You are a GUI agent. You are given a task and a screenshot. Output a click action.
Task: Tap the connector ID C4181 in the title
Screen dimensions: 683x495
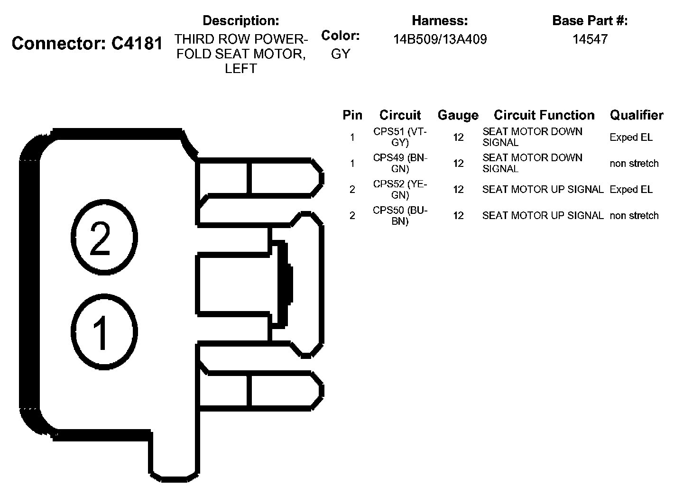tap(137, 44)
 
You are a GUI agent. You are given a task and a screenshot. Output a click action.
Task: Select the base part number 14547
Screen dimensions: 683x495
tap(590, 39)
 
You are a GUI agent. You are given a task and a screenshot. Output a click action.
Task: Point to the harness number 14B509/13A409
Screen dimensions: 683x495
tap(440, 39)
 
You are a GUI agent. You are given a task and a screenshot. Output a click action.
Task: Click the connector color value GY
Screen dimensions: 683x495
tap(340, 54)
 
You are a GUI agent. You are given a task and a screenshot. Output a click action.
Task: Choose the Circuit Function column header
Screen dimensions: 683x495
tap(544, 115)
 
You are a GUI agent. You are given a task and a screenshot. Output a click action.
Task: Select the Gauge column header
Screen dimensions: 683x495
tap(458, 115)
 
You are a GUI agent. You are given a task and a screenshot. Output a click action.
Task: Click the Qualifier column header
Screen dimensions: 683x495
tap(637, 115)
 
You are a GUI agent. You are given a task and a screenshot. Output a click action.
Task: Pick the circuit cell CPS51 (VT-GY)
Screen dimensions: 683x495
tap(400, 137)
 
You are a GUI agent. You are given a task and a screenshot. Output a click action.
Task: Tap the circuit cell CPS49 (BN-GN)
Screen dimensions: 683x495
tap(400, 163)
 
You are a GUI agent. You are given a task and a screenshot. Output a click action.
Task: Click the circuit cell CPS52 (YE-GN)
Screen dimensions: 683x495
tap(400, 189)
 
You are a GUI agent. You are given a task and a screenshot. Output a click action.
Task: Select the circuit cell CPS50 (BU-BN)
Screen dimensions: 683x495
tap(400, 215)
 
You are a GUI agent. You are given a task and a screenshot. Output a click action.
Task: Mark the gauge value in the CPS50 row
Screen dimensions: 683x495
tap(458, 215)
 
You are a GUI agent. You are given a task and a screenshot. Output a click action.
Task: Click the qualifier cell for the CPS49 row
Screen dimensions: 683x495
tap(634, 164)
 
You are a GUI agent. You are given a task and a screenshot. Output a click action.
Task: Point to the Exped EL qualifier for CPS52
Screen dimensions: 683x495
tap(631, 190)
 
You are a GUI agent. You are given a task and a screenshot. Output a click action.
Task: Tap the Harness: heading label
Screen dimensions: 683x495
tap(440, 21)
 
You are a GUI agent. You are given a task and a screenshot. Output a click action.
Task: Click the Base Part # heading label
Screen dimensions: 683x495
tap(590, 21)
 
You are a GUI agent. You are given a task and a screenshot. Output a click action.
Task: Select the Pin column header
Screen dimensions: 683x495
tap(352, 115)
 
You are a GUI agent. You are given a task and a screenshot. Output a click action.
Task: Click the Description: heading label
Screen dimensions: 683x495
tap(240, 21)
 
